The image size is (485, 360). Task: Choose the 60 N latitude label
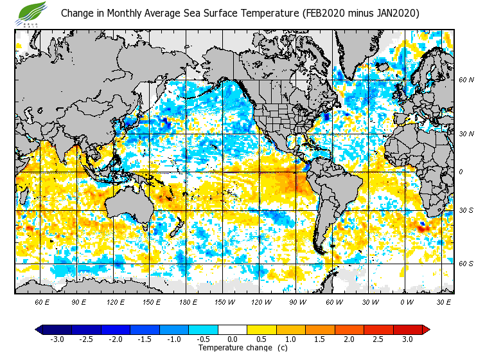click(466, 80)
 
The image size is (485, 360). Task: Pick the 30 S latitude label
click(466, 210)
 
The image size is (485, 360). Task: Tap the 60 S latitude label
click(466, 264)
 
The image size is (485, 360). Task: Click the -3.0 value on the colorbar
click(57, 339)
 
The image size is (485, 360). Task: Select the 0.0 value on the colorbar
click(233, 339)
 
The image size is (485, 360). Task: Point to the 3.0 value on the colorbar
click(407, 339)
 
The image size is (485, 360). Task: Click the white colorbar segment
click(233, 329)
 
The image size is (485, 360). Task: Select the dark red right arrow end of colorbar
click(426, 329)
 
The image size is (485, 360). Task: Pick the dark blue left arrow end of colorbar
click(39, 329)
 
